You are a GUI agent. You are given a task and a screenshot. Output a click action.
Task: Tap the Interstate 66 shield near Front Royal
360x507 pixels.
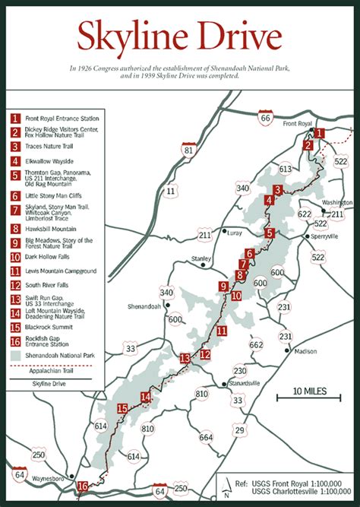pos(265,117)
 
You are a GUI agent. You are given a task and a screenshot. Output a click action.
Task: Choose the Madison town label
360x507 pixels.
pos(305,351)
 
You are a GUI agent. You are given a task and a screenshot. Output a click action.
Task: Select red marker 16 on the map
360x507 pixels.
pos(82,487)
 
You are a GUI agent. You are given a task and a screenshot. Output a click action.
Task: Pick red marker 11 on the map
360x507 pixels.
pos(221,331)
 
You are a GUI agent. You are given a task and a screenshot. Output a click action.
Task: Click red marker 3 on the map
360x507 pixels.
pos(279,190)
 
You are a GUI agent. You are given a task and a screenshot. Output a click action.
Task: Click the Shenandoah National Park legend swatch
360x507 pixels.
pos(15,353)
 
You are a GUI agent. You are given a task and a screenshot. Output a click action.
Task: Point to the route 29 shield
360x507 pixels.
pos(239,431)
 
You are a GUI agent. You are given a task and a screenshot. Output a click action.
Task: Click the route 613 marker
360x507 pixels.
pos(286,170)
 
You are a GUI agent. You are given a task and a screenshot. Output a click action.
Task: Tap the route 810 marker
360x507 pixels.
pos(201,394)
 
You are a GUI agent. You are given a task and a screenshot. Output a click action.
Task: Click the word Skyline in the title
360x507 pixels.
pos(126,36)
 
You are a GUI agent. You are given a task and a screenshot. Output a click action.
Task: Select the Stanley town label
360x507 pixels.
pos(201,258)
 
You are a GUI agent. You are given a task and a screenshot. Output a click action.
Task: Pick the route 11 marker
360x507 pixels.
pos(171,190)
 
